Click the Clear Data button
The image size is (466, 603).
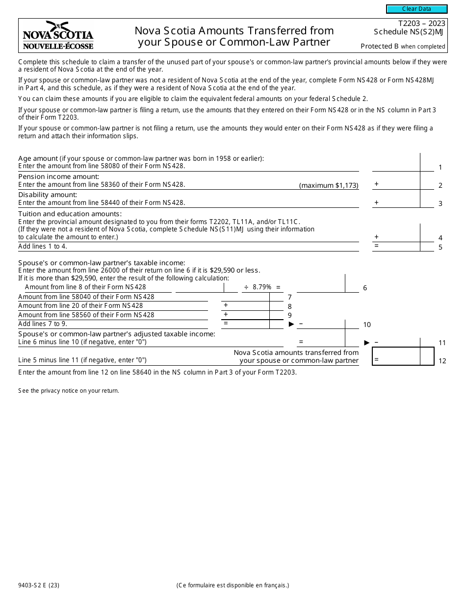pyautogui.click(x=416, y=9)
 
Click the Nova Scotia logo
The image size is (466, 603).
pyautogui.click(x=58, y=35)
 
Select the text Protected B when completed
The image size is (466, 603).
pyautogui.click(x=403, y=47)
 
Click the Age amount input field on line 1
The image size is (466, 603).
pyautogui.click(x=396, y=163)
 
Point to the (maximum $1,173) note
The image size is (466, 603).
pyautogui.click(x=329, y=185)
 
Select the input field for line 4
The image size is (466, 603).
pyautogui.click(x=396, y=233)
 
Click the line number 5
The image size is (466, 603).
pyautogui.click(x=440, y=247)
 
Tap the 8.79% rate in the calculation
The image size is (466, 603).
pyautogui.click(x=262, y=287)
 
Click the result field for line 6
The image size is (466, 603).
pyautogui.click(x=321, y=284)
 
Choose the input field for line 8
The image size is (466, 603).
pyautogui.click(x=245, y=305)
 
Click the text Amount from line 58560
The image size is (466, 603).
pyautogui.click(x=86, y=315)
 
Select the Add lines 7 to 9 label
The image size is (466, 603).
pyautogui.click(x=43, y=324)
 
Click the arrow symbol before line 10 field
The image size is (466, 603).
pyautogui.click(x=291, y=324)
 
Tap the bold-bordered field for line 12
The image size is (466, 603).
pyautogui.click(x=396, y=356)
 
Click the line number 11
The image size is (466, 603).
pyautogui.click(x=442, y=343)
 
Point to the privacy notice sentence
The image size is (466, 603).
pyautogui.click(x=69, y=391)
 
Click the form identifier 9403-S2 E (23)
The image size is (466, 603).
pyautogui.click(x=39, y=585)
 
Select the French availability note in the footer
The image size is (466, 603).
pyautogui.click(x=233, y=585)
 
